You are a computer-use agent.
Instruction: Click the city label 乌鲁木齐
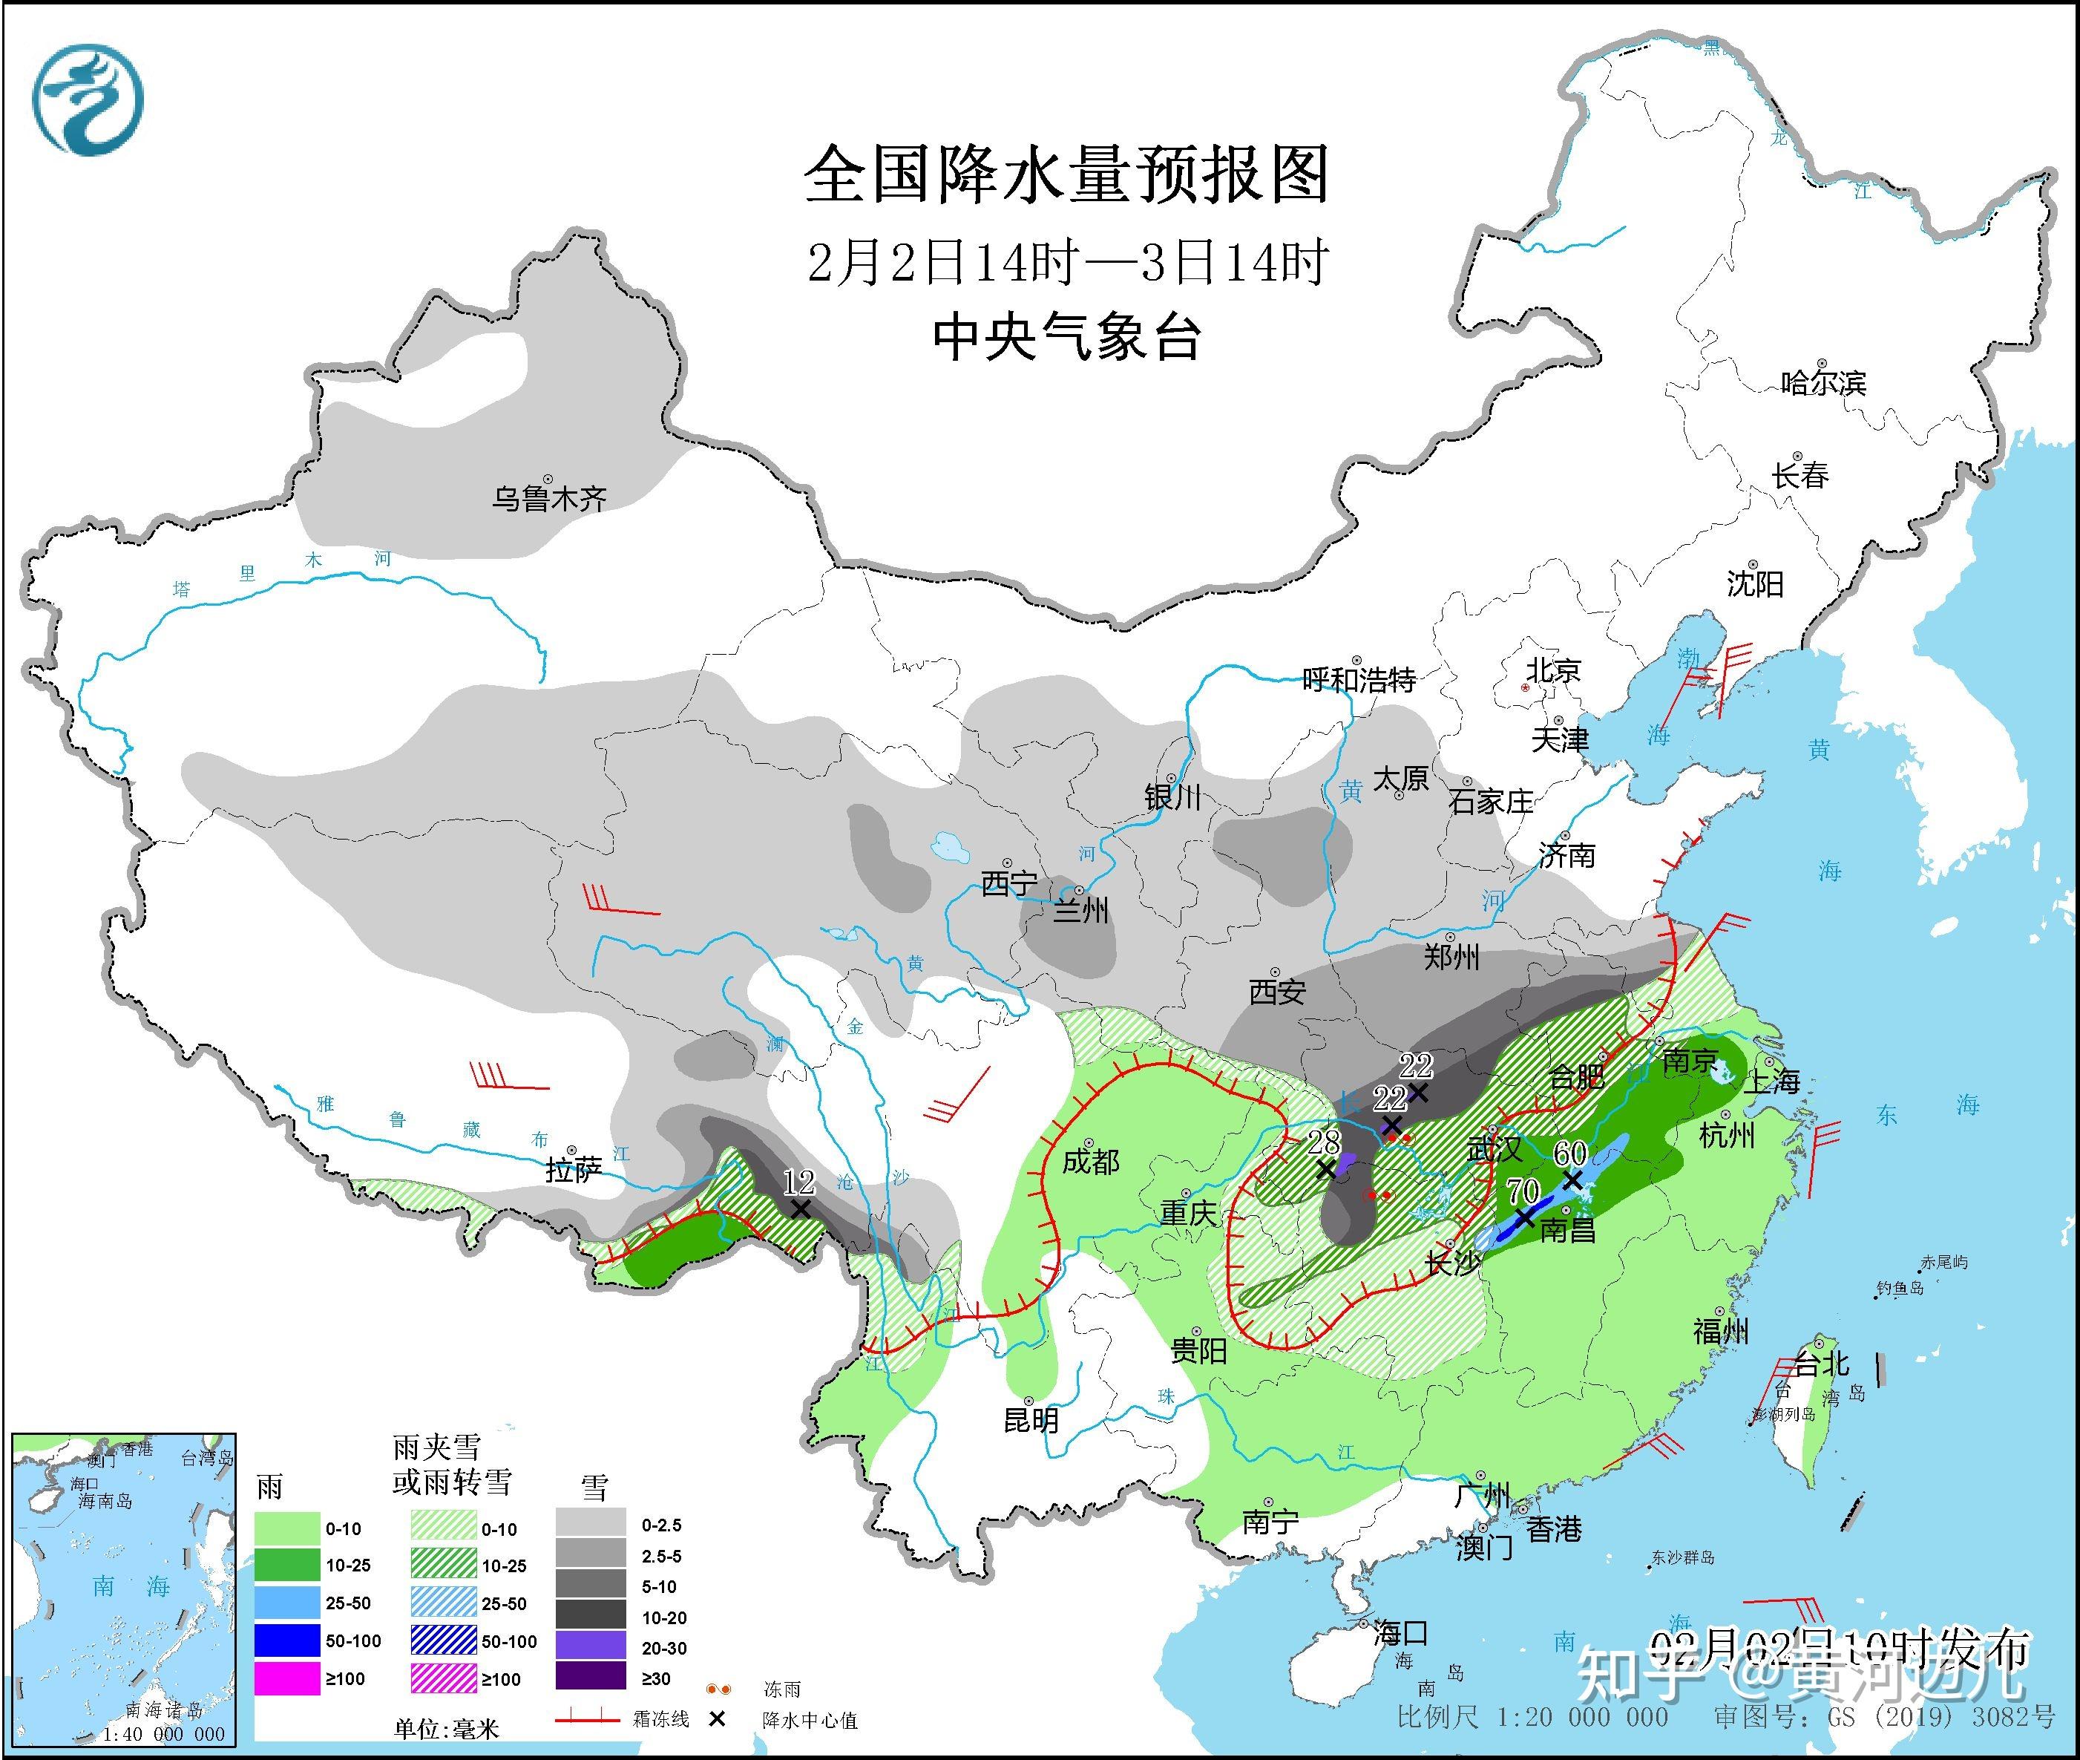point(548,498)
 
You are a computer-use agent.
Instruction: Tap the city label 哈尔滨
point(1823,383)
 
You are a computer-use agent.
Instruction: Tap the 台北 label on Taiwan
point(1823,1363)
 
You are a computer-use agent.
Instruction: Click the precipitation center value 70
point(1523,1191)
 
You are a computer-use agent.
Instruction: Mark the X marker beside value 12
point(799,1208)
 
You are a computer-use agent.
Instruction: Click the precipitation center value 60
point(1570,1152)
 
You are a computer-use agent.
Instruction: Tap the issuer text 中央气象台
point(1066,337)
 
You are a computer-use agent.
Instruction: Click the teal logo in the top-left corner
point(88,99)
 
